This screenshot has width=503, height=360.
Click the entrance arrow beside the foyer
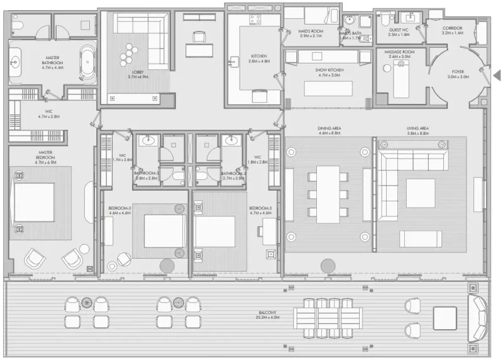click(x=496, y=76)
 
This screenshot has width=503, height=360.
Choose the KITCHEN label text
click(x=258, y=59)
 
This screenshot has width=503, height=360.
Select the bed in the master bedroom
click(x=34, y=201)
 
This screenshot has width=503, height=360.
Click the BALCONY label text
click(x=267, y=315)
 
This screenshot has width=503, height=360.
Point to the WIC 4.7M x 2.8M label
click(x=48, y=114)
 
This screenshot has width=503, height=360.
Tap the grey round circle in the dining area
click(x=328, y=266)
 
